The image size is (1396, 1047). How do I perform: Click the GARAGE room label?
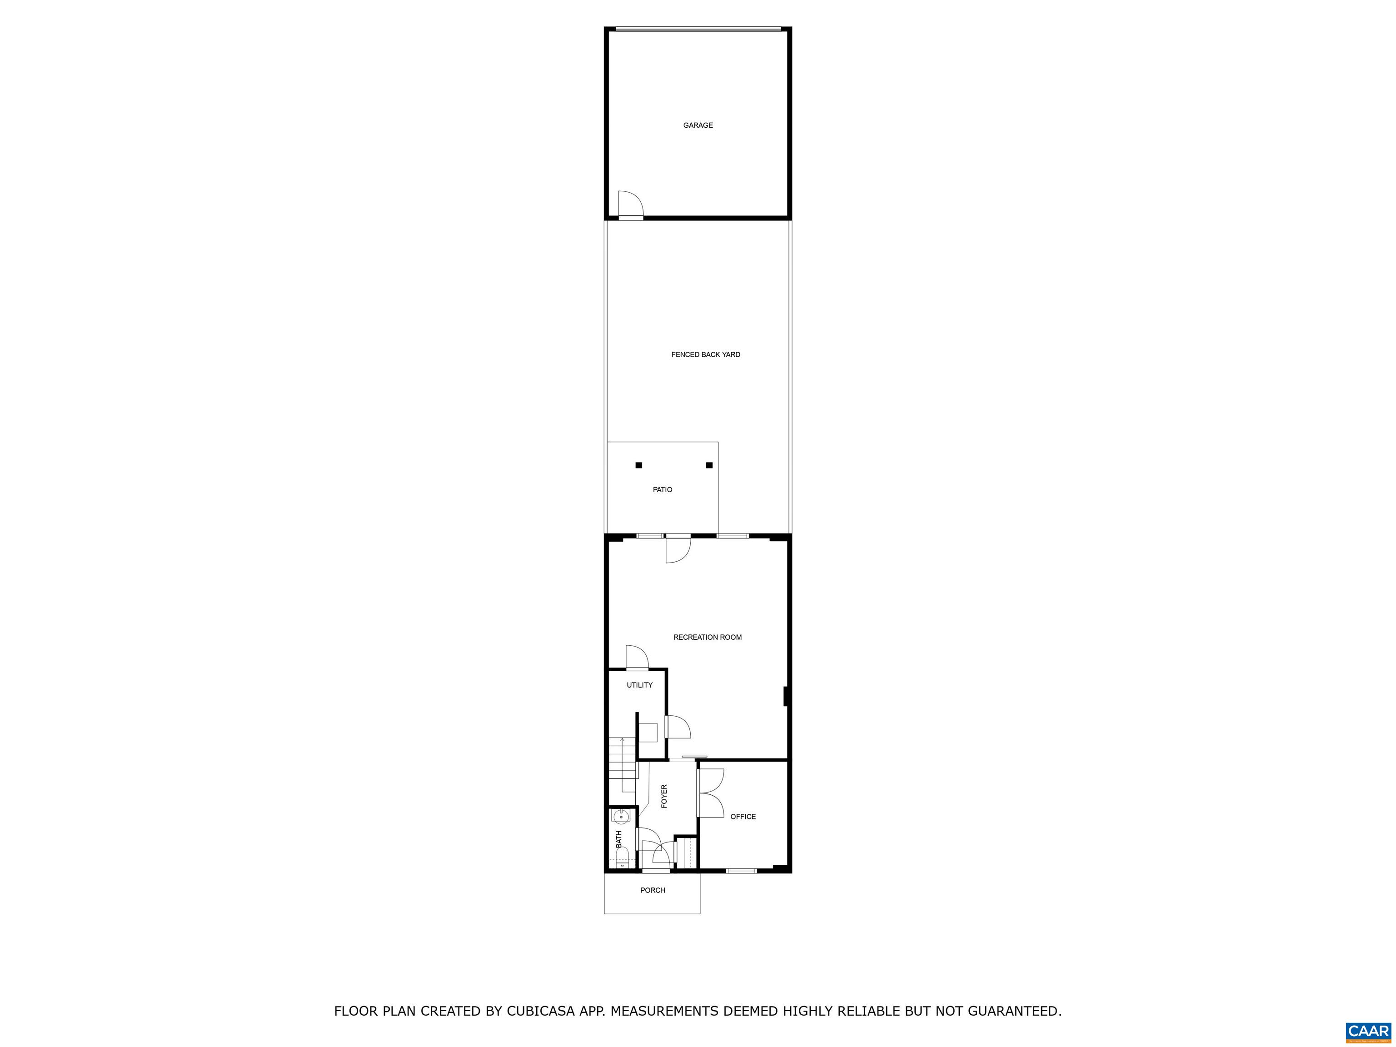tap(698, 125)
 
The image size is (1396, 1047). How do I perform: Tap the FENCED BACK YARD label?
tap(706, 354)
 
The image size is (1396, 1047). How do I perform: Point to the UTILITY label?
tap(639, 685)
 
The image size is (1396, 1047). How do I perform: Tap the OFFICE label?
tap(743, 817)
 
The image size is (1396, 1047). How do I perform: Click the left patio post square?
tap(638, 465)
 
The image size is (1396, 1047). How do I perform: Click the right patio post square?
tap(709, 465)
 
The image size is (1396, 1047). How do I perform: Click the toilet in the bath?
tap(622, 857)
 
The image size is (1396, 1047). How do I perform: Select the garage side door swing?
tap(630, 203)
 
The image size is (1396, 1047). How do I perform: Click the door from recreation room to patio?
tap(678, 549)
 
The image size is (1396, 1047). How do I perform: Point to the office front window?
tap(741, 871)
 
